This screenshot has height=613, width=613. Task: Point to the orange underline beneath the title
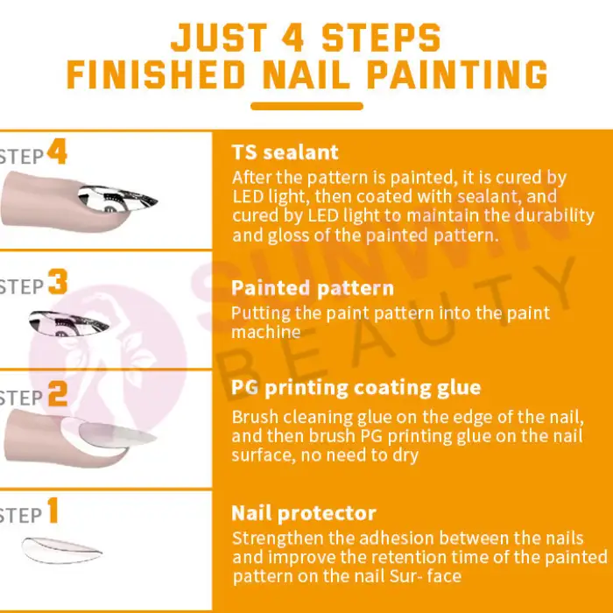point(306,107)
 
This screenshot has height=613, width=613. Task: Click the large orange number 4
point(57,154)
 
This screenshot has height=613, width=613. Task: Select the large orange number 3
point(58,284)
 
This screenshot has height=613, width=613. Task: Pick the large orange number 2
point(58,395)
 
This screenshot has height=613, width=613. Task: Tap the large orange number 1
point(53,511)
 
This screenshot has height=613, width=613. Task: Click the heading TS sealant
point(285,153)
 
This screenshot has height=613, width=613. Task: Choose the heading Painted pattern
point(313,288)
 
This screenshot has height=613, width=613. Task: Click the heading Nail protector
point(304,513)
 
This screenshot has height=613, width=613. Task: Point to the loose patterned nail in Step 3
point(72,321)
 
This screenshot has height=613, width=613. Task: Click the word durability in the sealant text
point(557,215)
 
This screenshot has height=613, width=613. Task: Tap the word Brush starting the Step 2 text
point(255,417)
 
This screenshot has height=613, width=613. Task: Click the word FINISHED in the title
point(159,74)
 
